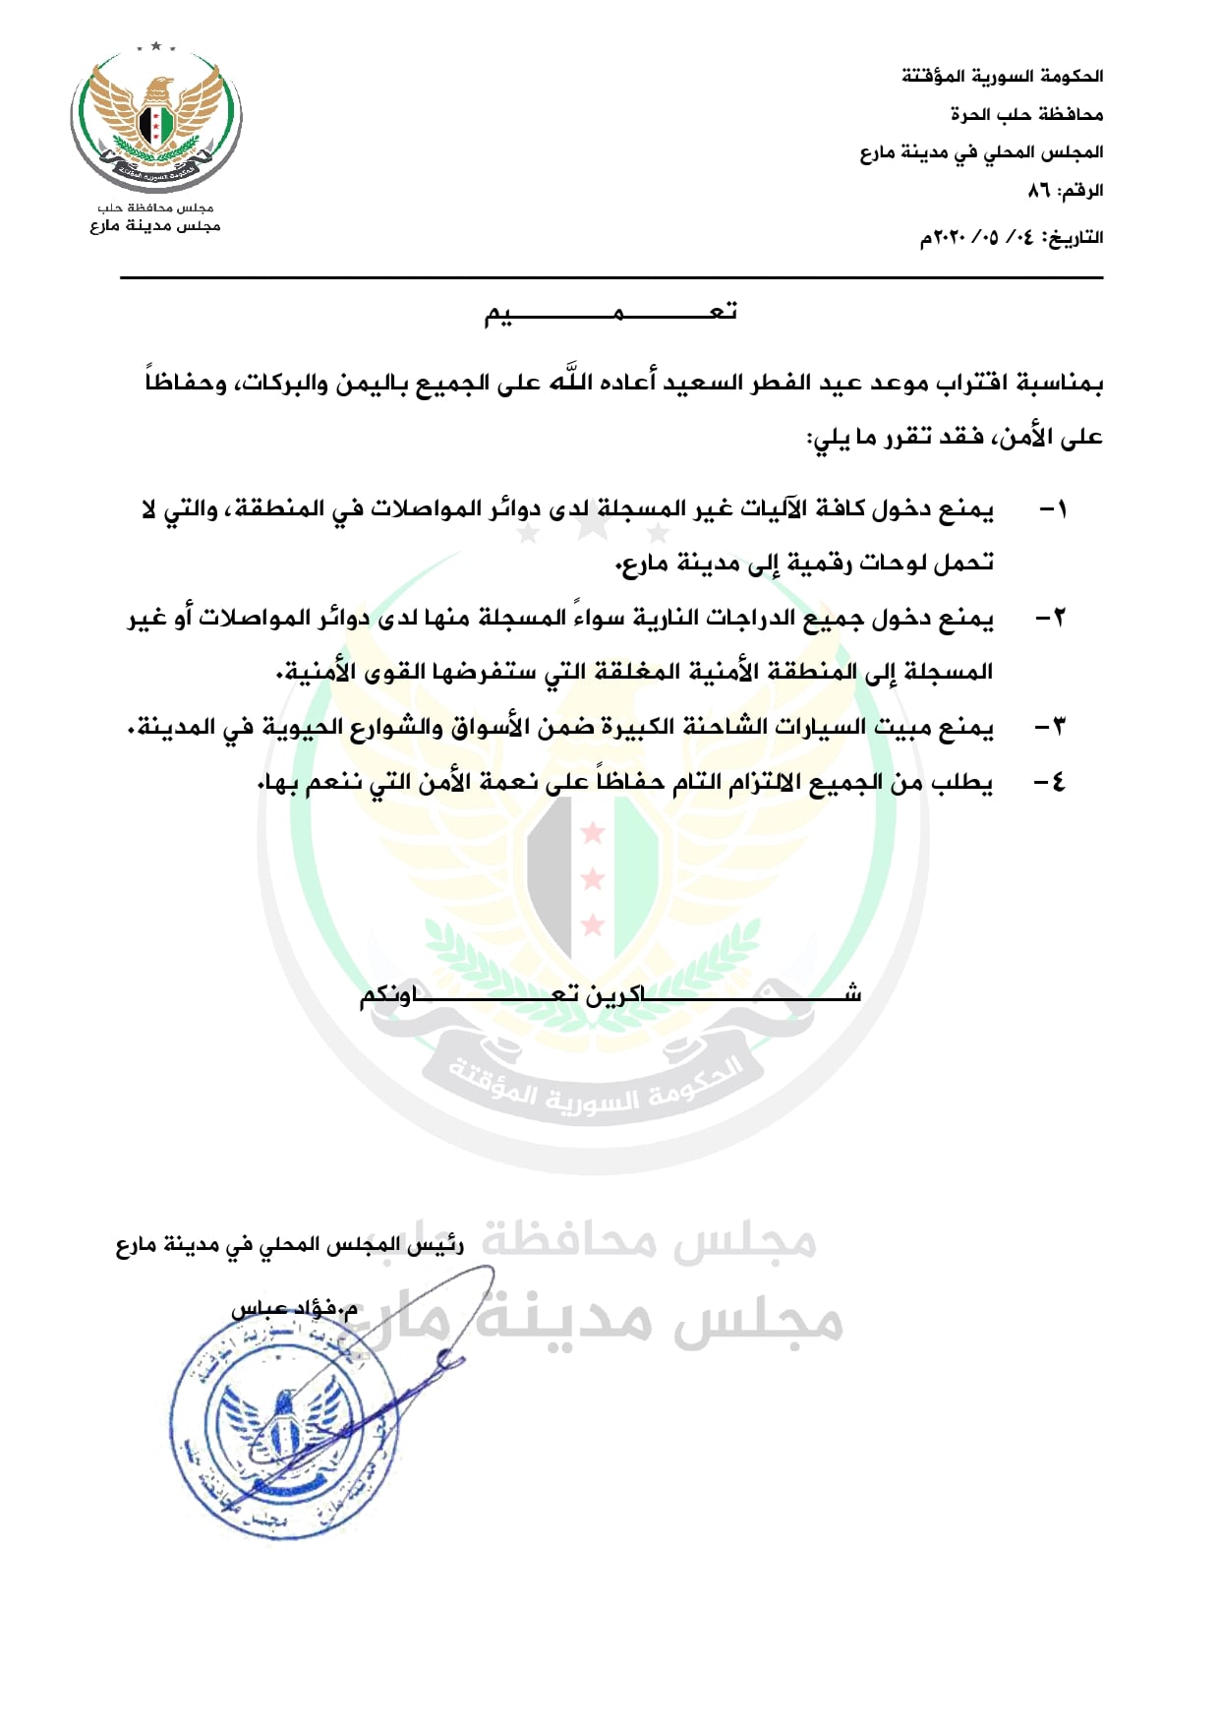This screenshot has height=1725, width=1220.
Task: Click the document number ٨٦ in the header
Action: tap(1039, 190)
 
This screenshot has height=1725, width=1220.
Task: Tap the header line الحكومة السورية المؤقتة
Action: tap(1002, 76)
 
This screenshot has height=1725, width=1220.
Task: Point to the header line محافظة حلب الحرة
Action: tap(1026, 114)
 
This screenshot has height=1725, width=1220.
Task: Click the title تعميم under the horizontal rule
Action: tap(610, 313)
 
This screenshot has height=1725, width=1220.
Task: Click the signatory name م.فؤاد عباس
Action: tap(295, 1308)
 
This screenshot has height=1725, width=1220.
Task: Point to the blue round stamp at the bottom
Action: tap(285, 1426)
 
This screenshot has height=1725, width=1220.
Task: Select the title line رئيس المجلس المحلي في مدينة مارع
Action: tap(290, 1246)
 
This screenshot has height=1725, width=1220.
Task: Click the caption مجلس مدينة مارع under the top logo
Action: tap(155, 226)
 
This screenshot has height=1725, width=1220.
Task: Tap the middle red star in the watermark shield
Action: tap(593, 878)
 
